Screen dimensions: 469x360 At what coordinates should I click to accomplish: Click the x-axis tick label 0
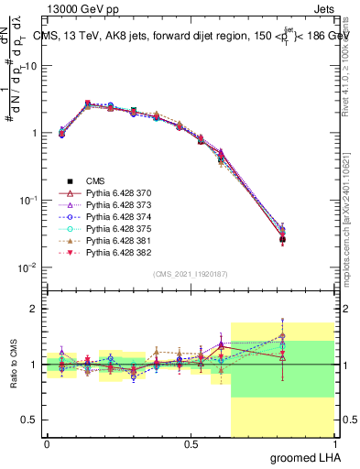(x=47, y=443)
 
